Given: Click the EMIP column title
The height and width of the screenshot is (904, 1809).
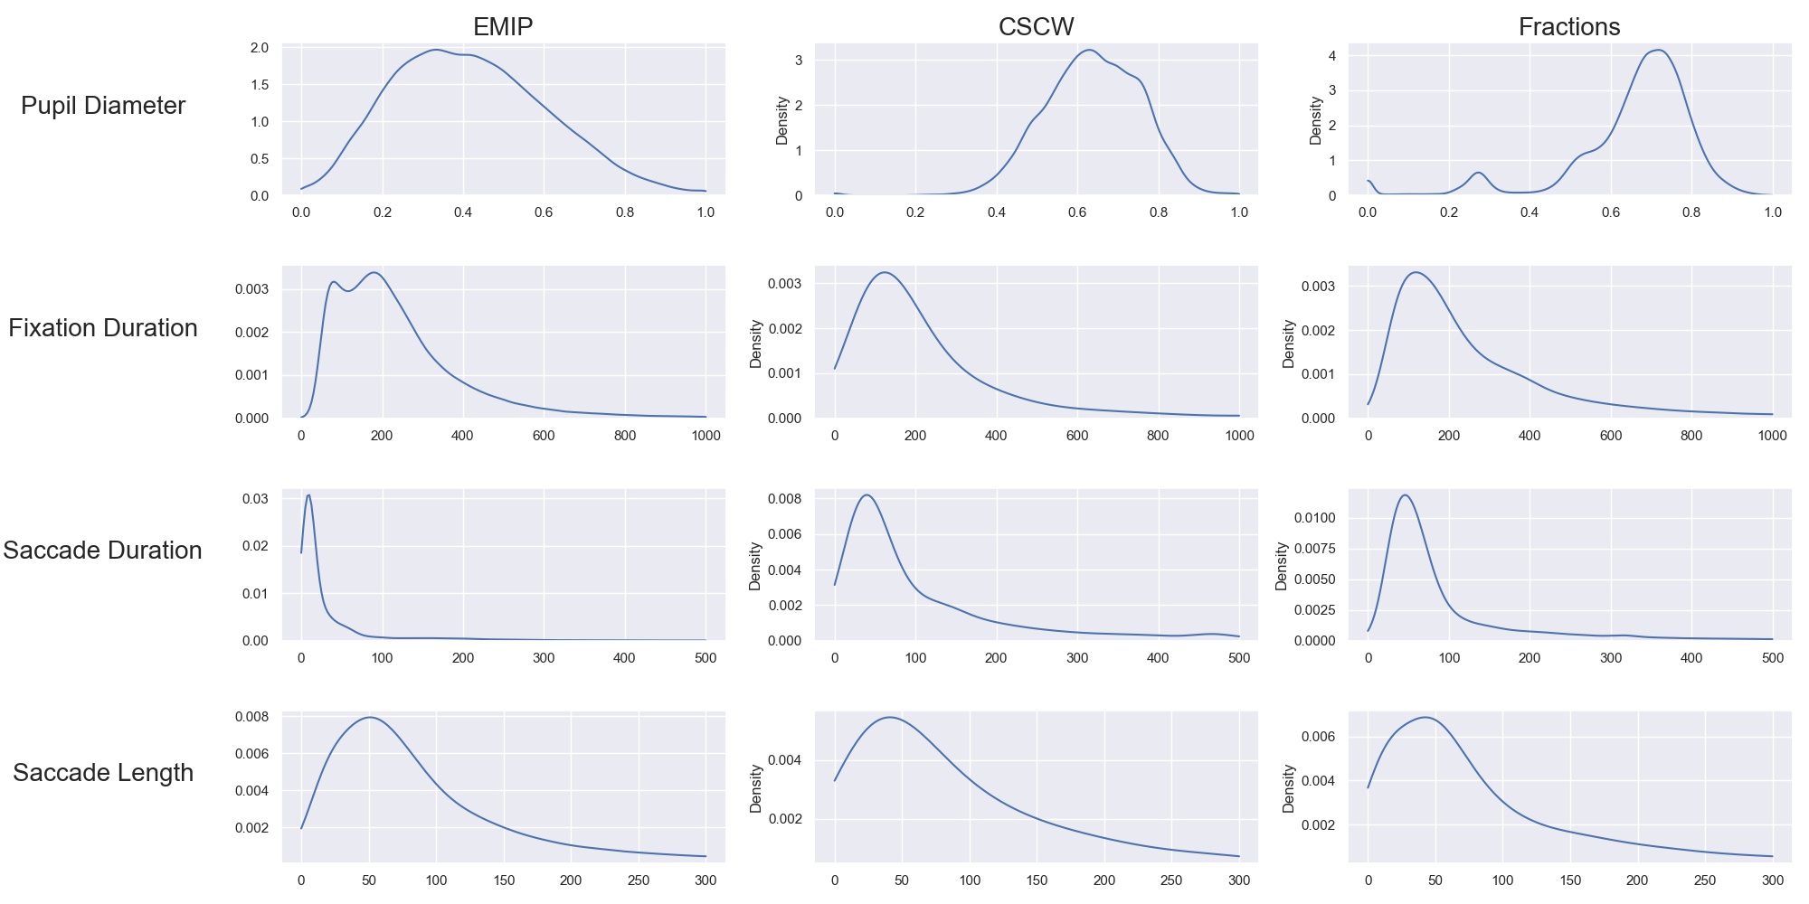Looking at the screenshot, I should (503, 27).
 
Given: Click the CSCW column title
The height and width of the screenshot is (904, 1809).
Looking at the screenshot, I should (1036, 27).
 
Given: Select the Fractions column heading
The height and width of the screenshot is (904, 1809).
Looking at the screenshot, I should (1569, 27).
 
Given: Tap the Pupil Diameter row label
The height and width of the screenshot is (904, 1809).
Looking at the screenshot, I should (103, 106).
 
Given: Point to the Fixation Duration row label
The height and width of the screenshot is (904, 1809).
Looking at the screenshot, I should (103, 328).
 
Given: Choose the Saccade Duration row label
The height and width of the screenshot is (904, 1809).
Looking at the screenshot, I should (103, 551).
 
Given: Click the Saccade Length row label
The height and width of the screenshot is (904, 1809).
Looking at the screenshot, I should (103, 773).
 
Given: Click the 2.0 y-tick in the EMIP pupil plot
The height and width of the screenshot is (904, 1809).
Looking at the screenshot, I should (260, 48).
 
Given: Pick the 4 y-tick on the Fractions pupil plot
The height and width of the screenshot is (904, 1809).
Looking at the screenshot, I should (1332, 56).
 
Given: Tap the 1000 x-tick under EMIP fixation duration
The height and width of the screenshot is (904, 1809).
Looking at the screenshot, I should (706, 436).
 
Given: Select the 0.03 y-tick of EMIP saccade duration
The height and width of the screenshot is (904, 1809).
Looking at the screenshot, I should (256, 499).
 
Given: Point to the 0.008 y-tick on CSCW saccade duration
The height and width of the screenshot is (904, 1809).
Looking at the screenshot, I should (785, 499).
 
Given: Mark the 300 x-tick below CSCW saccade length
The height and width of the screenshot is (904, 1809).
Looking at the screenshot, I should (1239, 880).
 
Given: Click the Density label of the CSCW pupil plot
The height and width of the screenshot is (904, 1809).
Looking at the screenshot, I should (782, 120).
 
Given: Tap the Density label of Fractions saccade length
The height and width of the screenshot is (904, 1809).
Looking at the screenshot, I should (1289, 788).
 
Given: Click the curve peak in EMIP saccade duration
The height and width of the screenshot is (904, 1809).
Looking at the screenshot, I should (308, 495).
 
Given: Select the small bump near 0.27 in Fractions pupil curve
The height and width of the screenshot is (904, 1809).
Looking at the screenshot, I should (1478, 173).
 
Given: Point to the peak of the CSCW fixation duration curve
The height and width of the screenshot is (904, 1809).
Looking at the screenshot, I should (885, 273).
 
